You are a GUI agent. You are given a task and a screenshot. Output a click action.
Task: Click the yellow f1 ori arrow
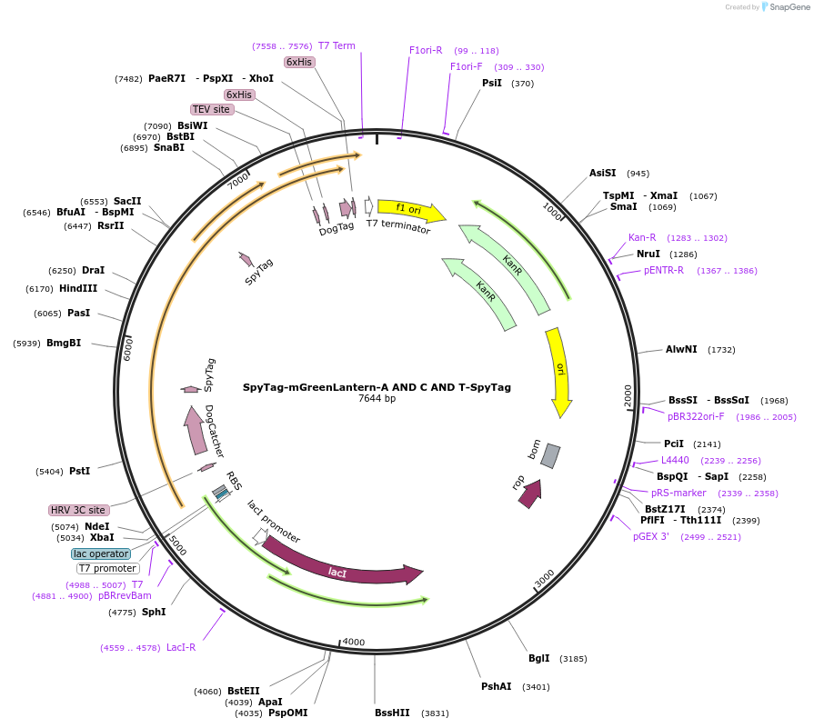click(x=411, y=209)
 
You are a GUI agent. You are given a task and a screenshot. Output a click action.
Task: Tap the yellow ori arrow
click(x=559, y=372)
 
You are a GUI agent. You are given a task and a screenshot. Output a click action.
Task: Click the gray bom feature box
click(x=550, y=456)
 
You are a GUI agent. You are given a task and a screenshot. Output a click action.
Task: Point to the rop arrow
click(x=530, y=494)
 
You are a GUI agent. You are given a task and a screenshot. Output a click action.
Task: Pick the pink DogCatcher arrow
click(x=194, y=430)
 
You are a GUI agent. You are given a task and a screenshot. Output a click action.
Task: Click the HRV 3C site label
click(x=78, y=510)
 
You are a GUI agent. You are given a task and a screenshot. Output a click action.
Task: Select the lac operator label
click(x=101, y=553)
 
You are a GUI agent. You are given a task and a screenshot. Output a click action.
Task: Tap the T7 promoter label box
click(x=107, y=568)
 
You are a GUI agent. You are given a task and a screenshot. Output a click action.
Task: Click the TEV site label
click(x=212, y=109)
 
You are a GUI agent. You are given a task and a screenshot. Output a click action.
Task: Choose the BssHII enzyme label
click(x=392, y=713)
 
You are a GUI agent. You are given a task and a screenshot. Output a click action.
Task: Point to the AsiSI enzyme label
click(x=602, y=173)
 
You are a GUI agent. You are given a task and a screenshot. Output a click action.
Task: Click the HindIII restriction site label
click(x=78, y=288)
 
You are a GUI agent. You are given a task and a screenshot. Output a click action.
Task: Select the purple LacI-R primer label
click(x=181, y=648)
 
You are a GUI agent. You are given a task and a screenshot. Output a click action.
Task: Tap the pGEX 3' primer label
click(x=651, y=536)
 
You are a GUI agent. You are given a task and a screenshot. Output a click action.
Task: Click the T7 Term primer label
click(x=337, y=45)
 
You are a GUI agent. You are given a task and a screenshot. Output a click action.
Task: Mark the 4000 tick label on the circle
click(x=354, y=642)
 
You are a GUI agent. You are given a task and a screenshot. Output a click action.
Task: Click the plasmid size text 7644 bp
click(x=377, y=398)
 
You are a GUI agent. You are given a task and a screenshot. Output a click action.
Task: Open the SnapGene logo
click(x=786, y=6)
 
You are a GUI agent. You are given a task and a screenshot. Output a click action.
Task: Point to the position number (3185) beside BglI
click(x=573, y=659)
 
